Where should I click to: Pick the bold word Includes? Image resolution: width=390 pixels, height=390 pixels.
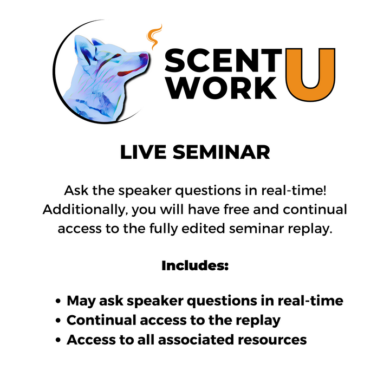[195, 266]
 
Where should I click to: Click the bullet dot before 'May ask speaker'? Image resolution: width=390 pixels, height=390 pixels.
[58, 302]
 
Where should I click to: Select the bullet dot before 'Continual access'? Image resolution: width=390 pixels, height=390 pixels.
[58, 321]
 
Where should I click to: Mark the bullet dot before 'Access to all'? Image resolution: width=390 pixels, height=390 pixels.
[58, 340]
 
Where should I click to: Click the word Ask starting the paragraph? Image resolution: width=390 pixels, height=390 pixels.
[76, 191]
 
